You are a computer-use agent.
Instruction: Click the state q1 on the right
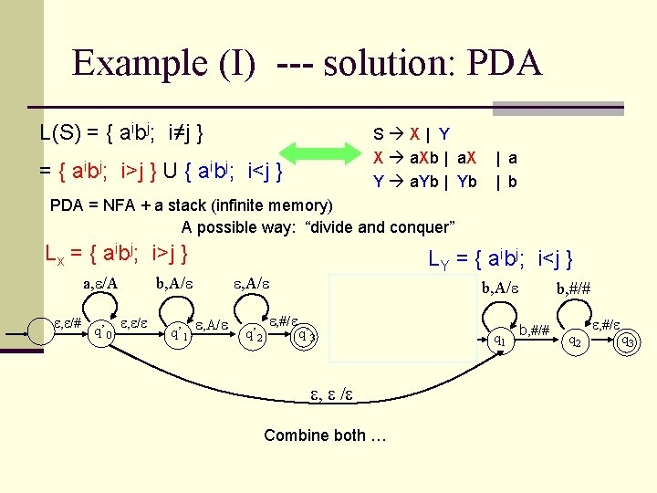coord(499,340)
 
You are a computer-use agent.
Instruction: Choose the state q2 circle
coord(574,341)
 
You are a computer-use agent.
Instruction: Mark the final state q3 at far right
coord(627,342)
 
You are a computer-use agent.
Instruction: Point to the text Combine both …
coord(325,435)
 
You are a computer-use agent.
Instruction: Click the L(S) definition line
coord(121,132)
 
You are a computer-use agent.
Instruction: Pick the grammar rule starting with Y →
coord(424,181)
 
